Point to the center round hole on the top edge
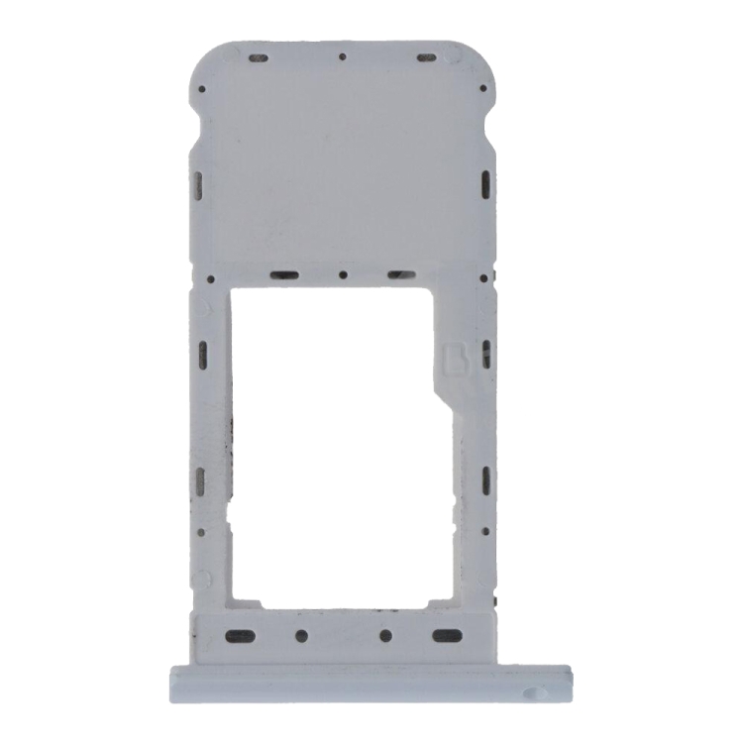pyautogui.click(x=342, y=56)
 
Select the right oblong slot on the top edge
pyautogui.click(x=427, y=56)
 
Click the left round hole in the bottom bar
pyautogui.click(x=302, y=635)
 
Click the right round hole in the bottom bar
pyautogui.click(x=386, y=635)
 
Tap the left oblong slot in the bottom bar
pyautogui.click(x=236, y=635)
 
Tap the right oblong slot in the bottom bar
pyautogui.click(x=449, y=635)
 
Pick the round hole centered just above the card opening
pyautogui.click(x=342, y=274)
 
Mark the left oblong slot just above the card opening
pyautogui.click(x=285, y=274)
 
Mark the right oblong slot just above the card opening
pyautogui.click(x=399, y=274)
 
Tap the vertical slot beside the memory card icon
pyautogui.click(x=485, y=352)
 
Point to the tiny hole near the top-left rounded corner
pyautogui.click(x=202, y=89)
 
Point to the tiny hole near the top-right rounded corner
pyautogui.click(x=483, y=89)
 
